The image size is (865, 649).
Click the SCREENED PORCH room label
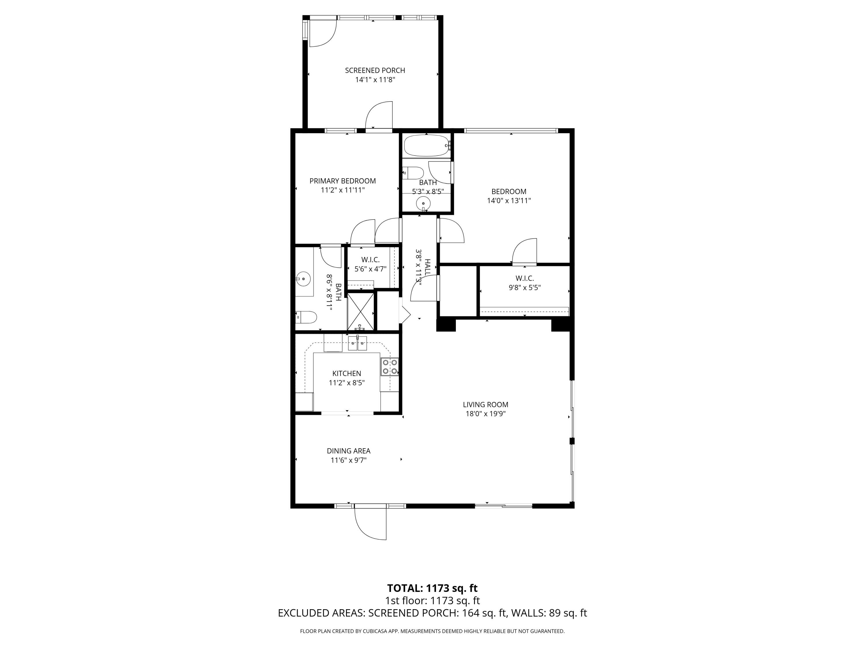coord(375,70)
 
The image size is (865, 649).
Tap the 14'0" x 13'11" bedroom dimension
coord(508,201)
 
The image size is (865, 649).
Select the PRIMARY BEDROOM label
coord(343,181)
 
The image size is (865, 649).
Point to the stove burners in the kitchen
coord(390,367)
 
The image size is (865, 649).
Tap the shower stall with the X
coord(360,311)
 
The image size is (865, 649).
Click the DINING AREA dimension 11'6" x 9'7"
coord(348,460)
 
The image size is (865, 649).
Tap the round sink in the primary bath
coord(303,279)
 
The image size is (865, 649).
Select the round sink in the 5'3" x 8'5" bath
coord(423,203)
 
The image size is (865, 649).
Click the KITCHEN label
coord(347,374)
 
